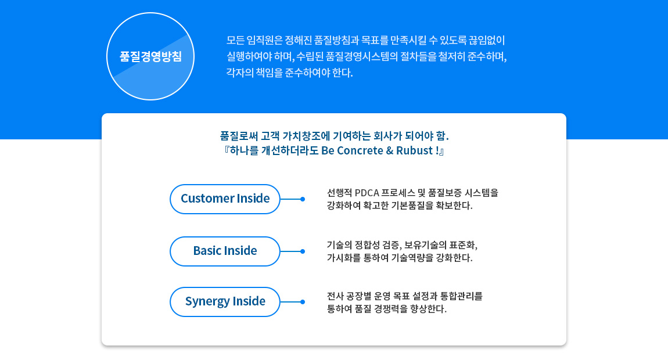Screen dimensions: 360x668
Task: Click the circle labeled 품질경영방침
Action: click(150, 56)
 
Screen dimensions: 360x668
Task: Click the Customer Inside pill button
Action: click(225, 199)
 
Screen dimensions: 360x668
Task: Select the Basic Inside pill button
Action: click(225, 251)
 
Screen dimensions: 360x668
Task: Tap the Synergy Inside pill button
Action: click(225, 301)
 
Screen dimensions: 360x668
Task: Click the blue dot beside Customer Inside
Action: click(303, 199)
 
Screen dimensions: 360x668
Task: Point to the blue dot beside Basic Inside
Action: click(303, 251)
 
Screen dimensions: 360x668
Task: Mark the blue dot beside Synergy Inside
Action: click(303, 302)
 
